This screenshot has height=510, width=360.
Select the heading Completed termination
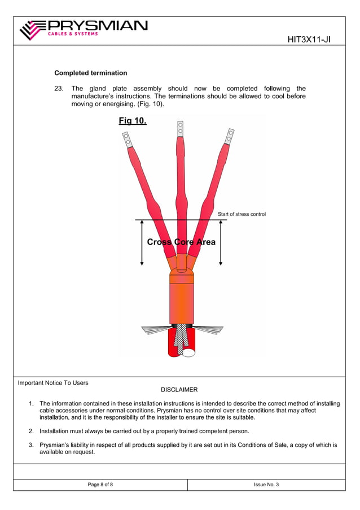(x=90, y=73)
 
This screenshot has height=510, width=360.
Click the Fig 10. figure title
(x=133, y=121)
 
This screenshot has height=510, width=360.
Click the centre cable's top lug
(x=180, y=129)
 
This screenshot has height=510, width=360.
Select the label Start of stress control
(x=242, y=214)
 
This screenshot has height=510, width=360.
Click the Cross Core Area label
(x=181, y=242)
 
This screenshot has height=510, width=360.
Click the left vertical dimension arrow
(x=142, y=243)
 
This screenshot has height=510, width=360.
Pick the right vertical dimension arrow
(x=221, y=243)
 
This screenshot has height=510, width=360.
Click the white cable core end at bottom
(x=188, y=352)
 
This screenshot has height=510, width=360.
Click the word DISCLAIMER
(x=179, y=390)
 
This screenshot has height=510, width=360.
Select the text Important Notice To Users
(x=53, y=383)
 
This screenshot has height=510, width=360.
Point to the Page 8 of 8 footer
(x=100, y=485)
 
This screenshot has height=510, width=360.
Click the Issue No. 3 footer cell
(x=267, y=485)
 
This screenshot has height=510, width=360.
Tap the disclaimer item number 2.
(x=31, y=431)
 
